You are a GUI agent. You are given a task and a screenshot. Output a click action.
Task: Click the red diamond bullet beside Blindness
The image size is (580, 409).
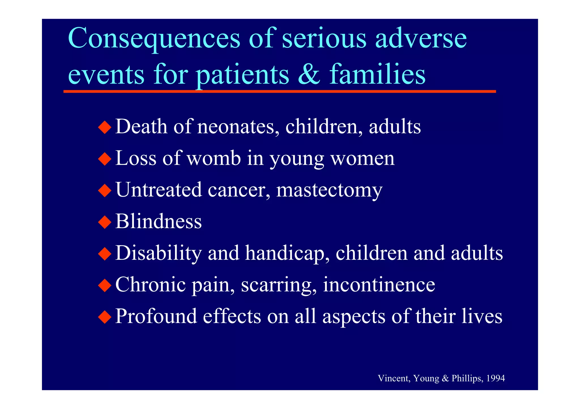105,222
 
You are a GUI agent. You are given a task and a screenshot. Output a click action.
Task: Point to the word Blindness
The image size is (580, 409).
159,221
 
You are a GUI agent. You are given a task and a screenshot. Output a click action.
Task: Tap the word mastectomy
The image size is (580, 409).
329,190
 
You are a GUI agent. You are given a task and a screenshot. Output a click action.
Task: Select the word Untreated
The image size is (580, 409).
159,190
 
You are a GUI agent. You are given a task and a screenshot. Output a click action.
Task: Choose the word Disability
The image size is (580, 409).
159,253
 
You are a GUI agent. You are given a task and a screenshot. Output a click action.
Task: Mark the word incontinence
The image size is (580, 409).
379,285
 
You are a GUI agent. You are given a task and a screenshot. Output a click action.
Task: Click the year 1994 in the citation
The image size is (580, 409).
496,378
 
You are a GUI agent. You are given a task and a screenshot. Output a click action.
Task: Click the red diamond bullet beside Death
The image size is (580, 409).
105,127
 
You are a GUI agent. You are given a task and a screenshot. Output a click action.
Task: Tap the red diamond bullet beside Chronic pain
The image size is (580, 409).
105,285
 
